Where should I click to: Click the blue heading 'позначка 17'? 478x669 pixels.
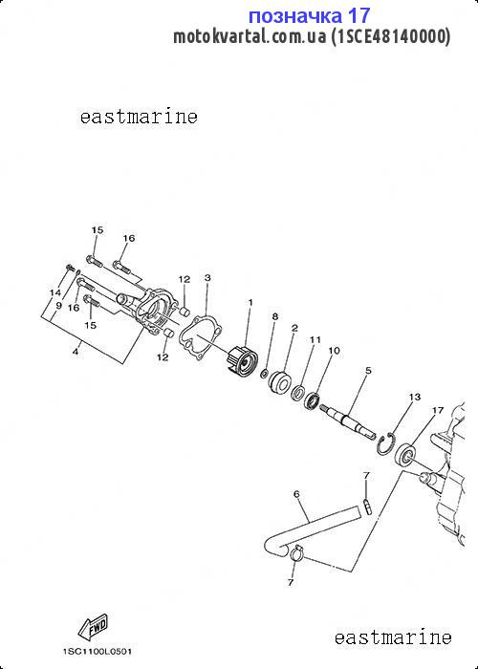pyautogui.click(x=309, y=16)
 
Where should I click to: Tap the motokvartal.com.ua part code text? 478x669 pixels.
pyautogui.click(x=312, y=36)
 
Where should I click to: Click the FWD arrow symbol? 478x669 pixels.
pyautogui.click(x=93, y=626)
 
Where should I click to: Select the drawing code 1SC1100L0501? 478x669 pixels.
pyautogui.click(x=98, y=652)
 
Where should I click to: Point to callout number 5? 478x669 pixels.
pyautogui.click(x=368, y=371)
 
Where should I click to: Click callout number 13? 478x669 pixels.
pyautogui.click(x=414, y=397)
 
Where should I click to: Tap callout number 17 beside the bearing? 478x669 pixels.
pyautogui.click(x=438, y=410)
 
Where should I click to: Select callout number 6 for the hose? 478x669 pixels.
pyautogui.click(x=296, y=494)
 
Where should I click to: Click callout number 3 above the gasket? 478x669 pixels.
pyautogui.click(x=207, y=278)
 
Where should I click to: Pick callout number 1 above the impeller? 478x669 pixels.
pyautogui.click(x=250, y=302)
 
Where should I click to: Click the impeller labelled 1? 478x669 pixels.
pyautogui.click(x=241, y=361)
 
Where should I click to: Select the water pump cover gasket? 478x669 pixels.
pyautogui.click(x=200, y=338)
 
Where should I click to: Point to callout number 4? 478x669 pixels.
pyautogui.click(x=76, y=352)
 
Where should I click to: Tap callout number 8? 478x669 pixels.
pyautogui.click(x=275, y=316)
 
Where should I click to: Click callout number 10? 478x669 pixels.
pyautogui.click(x=334, y=351)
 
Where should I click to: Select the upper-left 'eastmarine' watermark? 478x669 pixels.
pyautogui.click(x=139, y=117)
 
